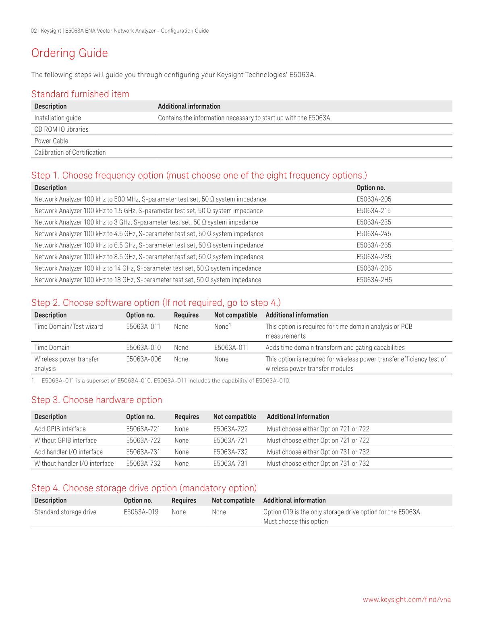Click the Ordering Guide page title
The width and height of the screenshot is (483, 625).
(x=70, y=53)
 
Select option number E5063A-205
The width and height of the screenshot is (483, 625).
(x=373, y=199)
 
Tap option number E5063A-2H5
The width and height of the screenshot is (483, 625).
(x=374, y=280)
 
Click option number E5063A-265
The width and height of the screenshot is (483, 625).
(x=373, y=245)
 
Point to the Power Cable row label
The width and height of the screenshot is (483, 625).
(x=51, y=141)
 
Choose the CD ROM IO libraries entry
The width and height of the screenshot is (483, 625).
(x=61, y=129)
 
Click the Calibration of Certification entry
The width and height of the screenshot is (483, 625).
(x=70, y=152)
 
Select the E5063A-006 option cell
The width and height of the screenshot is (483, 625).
(x=143, y=359)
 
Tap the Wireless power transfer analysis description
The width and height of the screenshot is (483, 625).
(x=66, y=363)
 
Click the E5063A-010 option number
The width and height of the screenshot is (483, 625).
(x=143, y=347)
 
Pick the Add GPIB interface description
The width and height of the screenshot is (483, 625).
(x=60, y=429)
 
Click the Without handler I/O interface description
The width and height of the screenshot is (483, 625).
(x=74, y=463)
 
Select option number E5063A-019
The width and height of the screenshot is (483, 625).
(x=141, y=512)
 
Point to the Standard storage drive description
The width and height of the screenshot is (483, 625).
(x=65, y=512)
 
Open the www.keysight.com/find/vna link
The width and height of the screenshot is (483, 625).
(x=407, y=600)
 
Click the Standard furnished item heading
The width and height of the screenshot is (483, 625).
(x=80, y=94)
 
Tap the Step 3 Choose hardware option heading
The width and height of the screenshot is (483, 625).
(x=97, y=400)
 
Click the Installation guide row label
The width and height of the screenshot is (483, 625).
(x=58, y=118)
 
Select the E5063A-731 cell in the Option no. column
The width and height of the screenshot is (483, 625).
(x=143, y=452)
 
